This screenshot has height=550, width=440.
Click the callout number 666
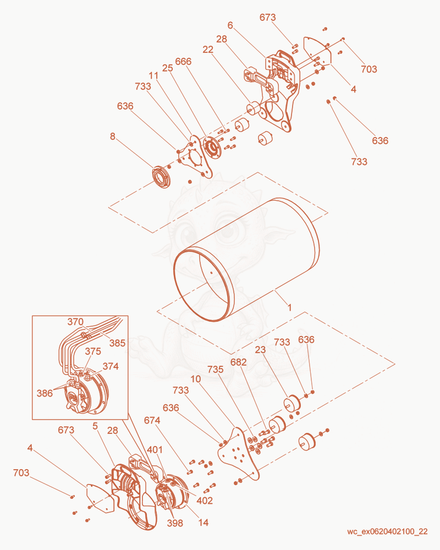pyautogui.click(x=183, y=62)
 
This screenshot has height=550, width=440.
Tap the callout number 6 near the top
pyautogui.click(x=230, y=25)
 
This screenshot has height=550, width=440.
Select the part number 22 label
pyautogui.click(x=208, y=50)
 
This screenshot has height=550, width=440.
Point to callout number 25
pyautogui.click(x=167, y=68)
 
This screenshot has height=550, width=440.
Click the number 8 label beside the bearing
pyautogui.click(x=112, y=136)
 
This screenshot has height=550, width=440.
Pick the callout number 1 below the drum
pyautogui.click(x=289, y=307)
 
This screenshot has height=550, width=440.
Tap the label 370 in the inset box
pyautogui.click(x=75, y=322)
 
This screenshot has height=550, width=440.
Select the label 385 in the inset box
pyautogui.click(x=117, y=343)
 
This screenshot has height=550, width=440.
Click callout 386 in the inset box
pyautogui.click(x=45, y=393)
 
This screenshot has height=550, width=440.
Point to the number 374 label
pyautogui.click(x=111, y=366)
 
